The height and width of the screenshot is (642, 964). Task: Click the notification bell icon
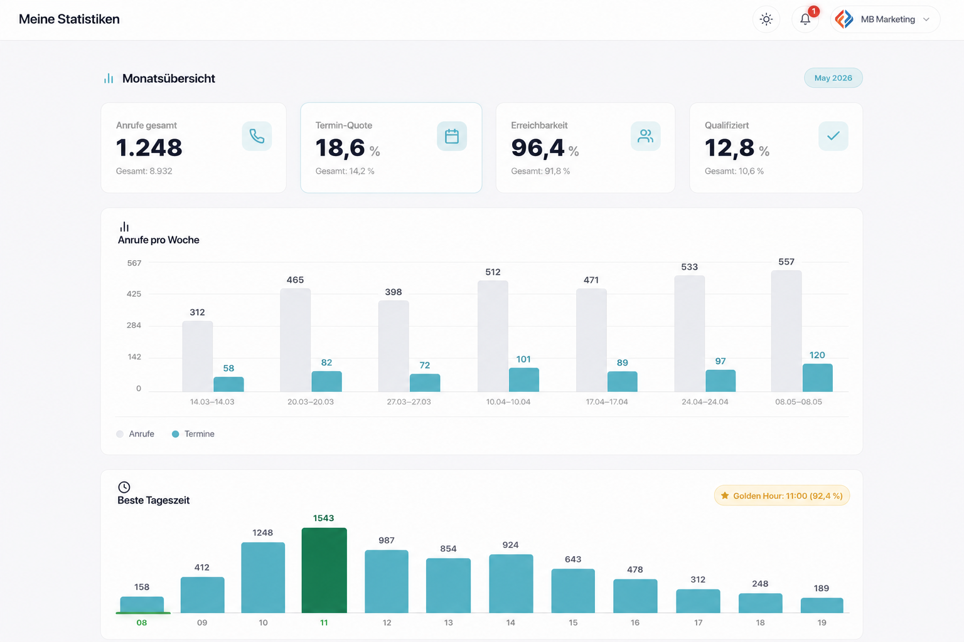pos(805,19)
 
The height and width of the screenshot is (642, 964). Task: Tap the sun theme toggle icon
pos(766,19)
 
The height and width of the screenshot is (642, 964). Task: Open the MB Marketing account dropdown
pos(885,19)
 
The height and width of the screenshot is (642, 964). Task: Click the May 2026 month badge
pos(833,78)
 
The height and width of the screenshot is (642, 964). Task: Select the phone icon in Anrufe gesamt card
pos(257,136)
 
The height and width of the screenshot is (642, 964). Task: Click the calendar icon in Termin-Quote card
pos(452,136)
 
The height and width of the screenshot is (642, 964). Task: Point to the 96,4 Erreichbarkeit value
pos(537,147)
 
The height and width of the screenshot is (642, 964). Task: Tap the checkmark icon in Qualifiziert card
pos(833,136)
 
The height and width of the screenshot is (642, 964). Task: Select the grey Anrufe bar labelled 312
pos(198,357)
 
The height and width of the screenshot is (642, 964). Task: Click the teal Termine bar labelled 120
pos(817,378)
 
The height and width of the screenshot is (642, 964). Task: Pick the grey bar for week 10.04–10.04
pos(493,336)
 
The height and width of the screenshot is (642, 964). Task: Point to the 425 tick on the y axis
pos(134,294)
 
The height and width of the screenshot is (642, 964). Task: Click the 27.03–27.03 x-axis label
pos(409,402)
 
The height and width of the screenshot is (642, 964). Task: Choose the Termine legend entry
pos(193,434)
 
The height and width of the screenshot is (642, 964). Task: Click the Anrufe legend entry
pos(135,434)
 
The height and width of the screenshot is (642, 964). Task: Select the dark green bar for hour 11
pos(324,570)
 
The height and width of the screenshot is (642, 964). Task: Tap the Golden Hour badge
pos(781,496)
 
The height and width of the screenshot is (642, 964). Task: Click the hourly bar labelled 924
pos(511,584)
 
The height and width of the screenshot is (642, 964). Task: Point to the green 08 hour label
pos(142,623)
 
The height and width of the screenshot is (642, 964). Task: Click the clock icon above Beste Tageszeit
pos(124,487)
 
